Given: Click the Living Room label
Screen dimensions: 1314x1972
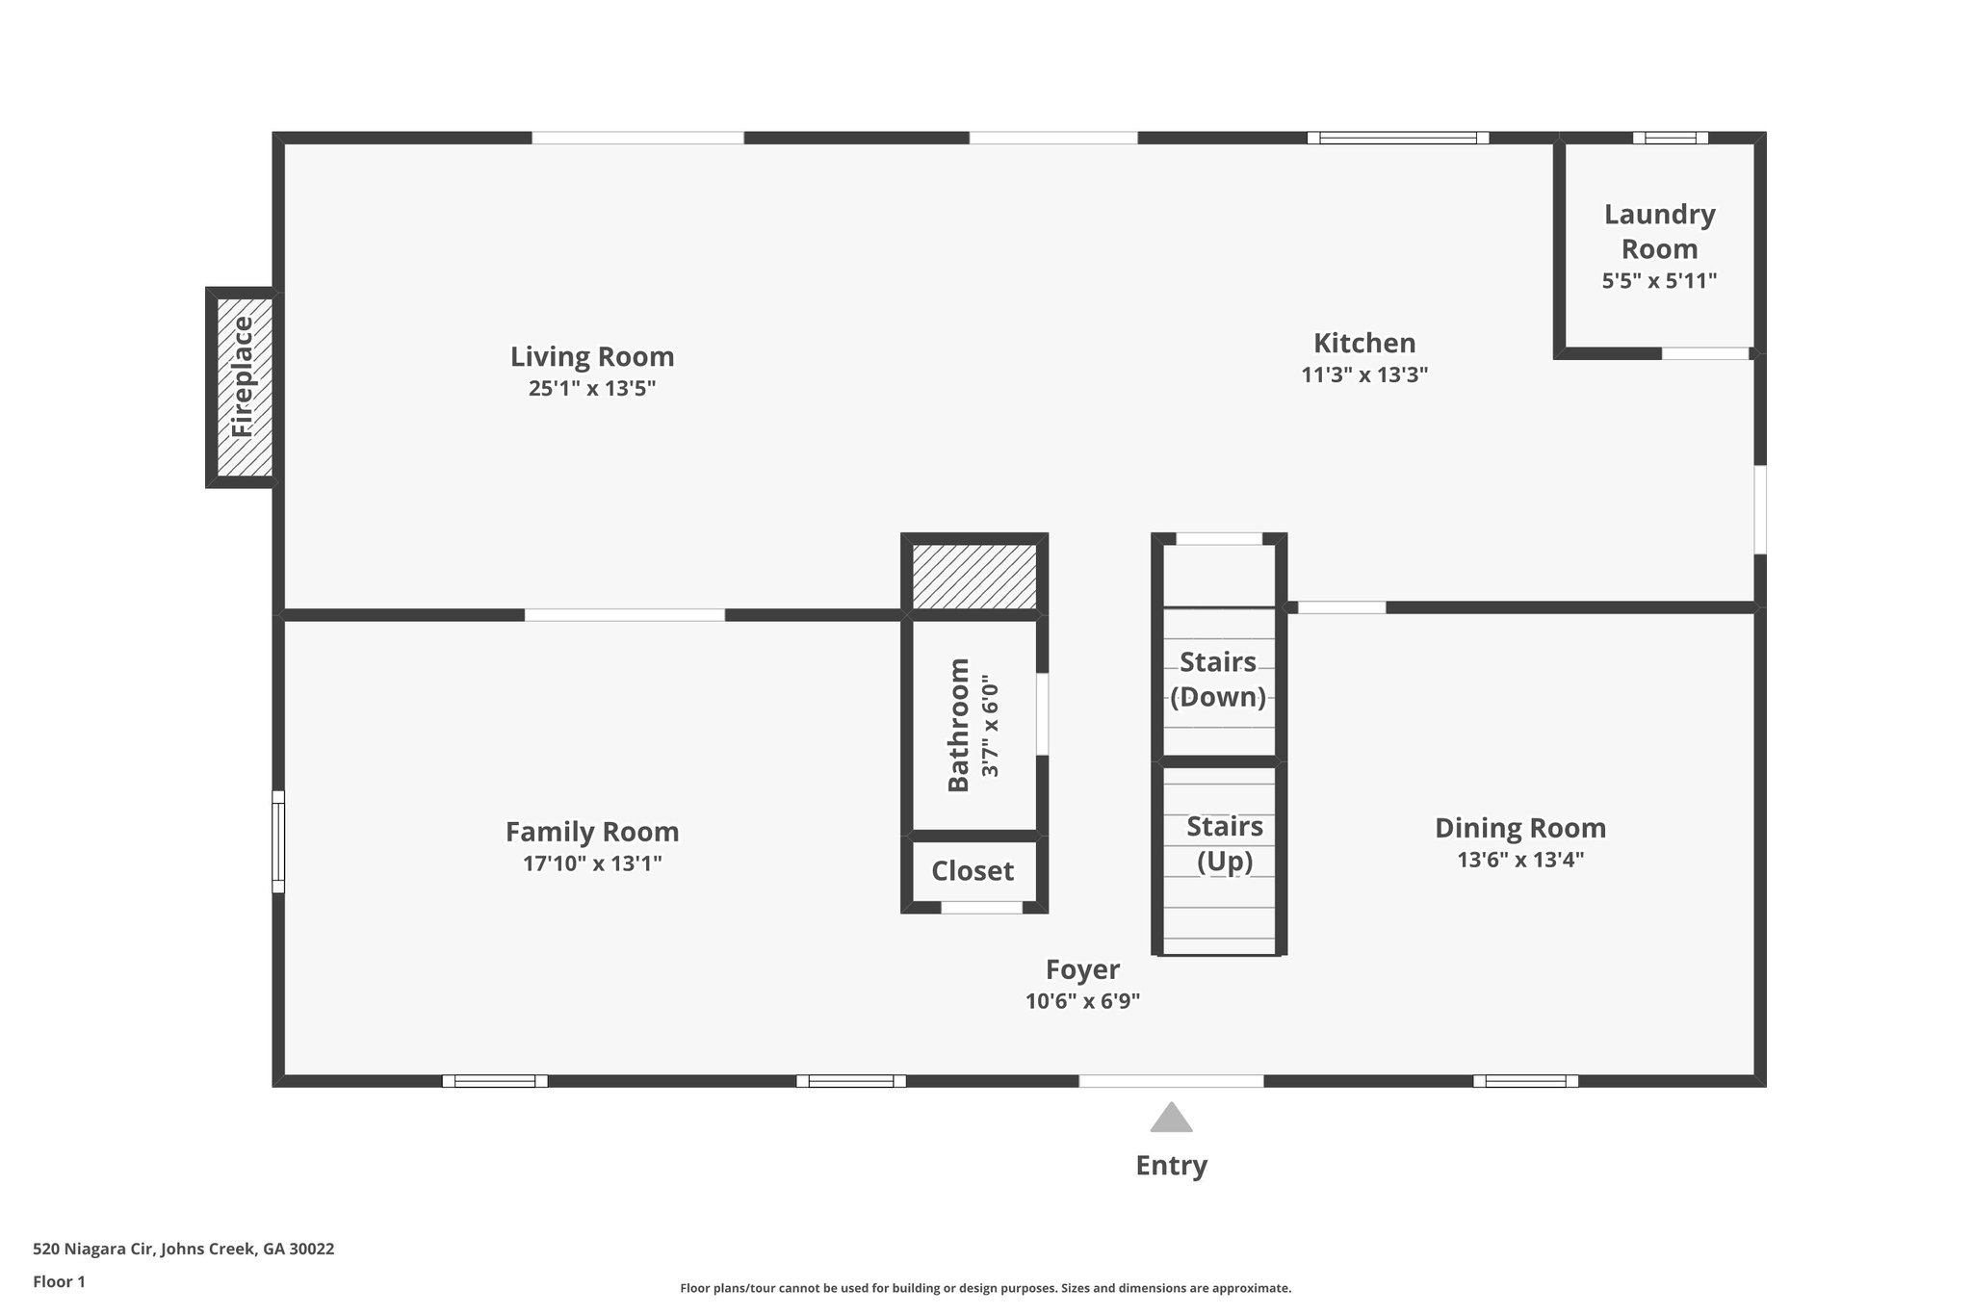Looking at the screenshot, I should [591, 357].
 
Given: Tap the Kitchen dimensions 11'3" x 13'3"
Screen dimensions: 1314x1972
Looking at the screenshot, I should [1363, 375].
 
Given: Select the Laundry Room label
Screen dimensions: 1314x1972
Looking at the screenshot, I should [1659, 231].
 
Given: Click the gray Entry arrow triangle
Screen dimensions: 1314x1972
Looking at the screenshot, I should [1171, 1118].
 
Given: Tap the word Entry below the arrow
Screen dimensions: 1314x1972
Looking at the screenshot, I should [1171, 1166].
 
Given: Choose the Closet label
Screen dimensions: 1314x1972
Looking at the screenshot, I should [973, 871].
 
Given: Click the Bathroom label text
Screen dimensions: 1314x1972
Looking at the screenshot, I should [959, 725].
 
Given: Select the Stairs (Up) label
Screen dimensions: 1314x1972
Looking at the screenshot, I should [1224, 843].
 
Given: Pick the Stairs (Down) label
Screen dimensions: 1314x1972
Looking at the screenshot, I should [1218, 680].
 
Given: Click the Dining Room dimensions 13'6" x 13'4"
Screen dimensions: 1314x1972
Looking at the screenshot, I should [1520, 860].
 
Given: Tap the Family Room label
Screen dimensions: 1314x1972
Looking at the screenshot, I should [592, 832].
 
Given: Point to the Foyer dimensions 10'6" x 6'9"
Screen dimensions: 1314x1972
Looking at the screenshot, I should [1082, 1001].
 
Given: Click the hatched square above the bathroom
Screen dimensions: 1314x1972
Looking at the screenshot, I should [974, 576].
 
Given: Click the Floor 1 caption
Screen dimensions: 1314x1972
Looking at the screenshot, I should [60, 1282].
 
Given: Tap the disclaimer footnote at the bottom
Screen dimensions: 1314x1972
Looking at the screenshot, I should [985, 1288].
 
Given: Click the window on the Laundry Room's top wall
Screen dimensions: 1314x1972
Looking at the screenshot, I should [1670, 138].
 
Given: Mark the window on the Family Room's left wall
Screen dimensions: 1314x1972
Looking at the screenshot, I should [278, 841].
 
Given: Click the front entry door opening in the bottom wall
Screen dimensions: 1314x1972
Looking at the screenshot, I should [1171, 1081].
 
